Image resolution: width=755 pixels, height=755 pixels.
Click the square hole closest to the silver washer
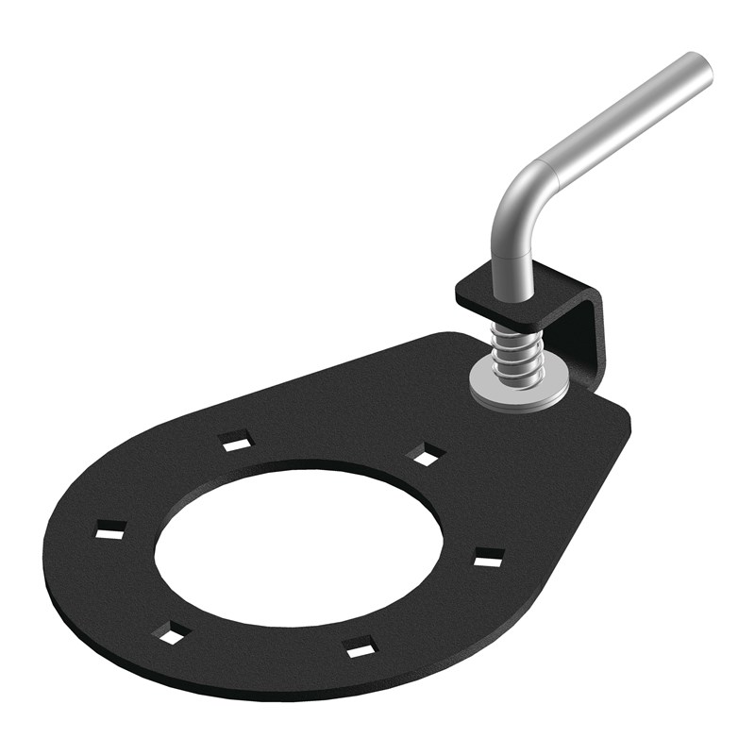click(x=427, y=454)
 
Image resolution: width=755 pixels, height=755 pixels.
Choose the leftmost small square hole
click(x=110, y=531)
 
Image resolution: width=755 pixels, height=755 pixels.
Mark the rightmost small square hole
click(x=488, y=559)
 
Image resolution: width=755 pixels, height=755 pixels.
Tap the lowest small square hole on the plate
click(x=359, y=648)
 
